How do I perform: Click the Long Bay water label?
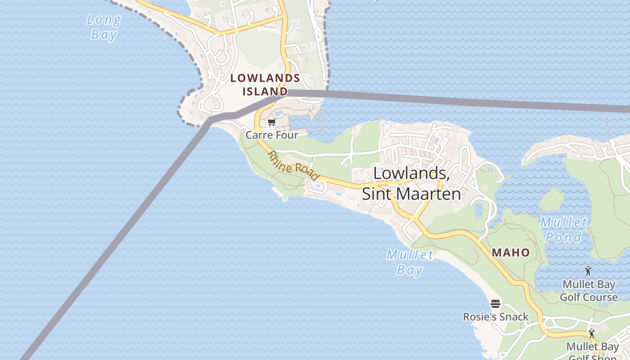104,27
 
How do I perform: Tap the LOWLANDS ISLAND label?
265,84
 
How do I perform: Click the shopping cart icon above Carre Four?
271,122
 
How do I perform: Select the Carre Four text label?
272,135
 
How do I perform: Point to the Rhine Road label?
293,166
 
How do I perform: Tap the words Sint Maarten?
411,193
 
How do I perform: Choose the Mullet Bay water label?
410,262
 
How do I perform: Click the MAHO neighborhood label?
511,252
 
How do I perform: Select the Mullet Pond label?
564,229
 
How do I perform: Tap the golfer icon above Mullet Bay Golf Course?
588,271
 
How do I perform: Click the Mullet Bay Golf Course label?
589,291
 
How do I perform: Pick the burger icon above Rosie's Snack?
495,304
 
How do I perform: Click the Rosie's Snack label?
495,317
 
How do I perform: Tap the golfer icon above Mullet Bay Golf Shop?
592,333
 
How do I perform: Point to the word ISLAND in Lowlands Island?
265,91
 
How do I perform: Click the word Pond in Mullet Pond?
564,237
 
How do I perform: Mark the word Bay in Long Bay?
104,35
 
